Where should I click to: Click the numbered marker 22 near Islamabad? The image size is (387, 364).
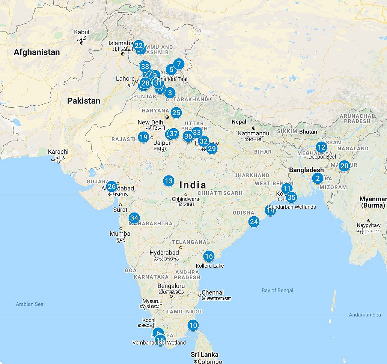(x=139, y=46)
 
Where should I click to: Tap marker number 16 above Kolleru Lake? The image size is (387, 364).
(x=209, y=256)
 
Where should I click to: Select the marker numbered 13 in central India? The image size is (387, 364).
(x=169, y=181)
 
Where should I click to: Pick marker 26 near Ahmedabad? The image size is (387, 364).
(x=111, y=187)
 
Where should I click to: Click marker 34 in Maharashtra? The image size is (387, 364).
(x=134, y=218)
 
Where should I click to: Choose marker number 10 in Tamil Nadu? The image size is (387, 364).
(x=193, y=325)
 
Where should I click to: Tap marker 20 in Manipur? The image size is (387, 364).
(x=344, y=165)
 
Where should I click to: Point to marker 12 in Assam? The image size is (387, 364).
(x=321, y=147)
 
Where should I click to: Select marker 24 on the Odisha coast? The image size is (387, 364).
(x=254, y=222)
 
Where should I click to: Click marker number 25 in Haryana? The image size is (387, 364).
(x=176, y=112)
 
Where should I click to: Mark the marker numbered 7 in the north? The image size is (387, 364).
(x=179, y=64)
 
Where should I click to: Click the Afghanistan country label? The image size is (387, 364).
(x=37, y=52)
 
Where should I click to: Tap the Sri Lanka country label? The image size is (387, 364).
(x=205, y=355)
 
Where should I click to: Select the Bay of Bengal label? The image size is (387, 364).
(x=277, y=290)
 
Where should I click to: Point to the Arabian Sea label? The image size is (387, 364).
(x=29, y=304)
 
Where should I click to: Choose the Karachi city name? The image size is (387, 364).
(x=58, y=152)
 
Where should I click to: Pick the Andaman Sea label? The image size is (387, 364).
(x=364, y=315)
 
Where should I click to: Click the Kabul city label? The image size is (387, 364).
(x=81, y=33)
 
